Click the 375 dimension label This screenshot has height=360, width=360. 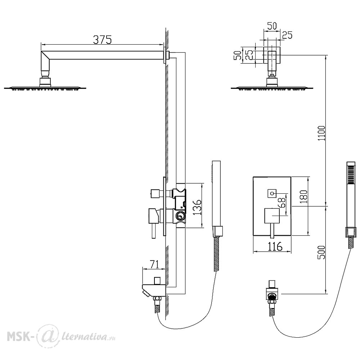coord(102,40)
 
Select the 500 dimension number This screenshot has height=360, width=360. coord(322,253)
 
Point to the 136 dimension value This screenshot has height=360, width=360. coord(197,207)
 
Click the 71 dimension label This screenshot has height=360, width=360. coord(154,265)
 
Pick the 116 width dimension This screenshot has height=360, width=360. coord(275,247)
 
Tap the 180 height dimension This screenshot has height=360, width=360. coord(303,197)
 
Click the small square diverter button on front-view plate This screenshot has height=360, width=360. coord(272,194)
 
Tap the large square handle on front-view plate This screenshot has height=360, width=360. coord(272,216)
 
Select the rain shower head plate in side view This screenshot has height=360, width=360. coord(45,88)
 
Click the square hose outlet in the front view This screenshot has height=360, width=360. coord(272,294)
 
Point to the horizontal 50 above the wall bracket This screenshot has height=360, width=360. coord(272,26)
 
